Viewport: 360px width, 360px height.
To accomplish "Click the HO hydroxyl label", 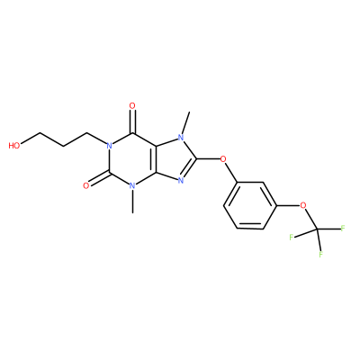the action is click(14, 146).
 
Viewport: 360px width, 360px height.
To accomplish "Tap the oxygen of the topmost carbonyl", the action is click(132, 105).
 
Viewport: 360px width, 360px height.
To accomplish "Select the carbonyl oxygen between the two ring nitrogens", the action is click(86, 185).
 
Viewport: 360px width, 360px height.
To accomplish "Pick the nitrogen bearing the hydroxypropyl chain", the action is click(109, 146).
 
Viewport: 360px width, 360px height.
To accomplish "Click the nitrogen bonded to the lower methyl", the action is click(132, 186).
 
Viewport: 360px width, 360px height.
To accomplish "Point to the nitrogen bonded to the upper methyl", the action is click(181, 138).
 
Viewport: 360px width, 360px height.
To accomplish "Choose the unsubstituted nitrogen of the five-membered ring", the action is click(181, 181).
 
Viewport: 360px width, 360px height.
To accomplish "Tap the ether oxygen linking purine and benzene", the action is click(223, 158).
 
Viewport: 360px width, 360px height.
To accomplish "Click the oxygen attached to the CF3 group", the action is click(303, 206).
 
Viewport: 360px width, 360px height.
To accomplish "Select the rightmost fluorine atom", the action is click(343, 229).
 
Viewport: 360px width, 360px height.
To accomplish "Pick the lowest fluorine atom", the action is click(320, 255).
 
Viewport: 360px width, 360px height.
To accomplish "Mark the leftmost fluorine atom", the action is click(291, 237).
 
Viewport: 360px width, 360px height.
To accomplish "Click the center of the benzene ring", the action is click(250, 205).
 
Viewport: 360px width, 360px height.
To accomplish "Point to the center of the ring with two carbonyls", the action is click(132, 159).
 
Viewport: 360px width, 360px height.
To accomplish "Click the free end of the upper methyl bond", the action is click(189, 112).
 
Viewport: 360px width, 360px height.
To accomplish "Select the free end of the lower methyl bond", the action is click(132, 212).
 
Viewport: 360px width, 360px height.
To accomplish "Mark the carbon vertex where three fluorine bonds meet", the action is click(317, 229).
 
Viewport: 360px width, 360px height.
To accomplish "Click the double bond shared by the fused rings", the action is click(156, 159).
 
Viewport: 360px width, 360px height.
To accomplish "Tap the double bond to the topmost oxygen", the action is click(132, 121).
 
